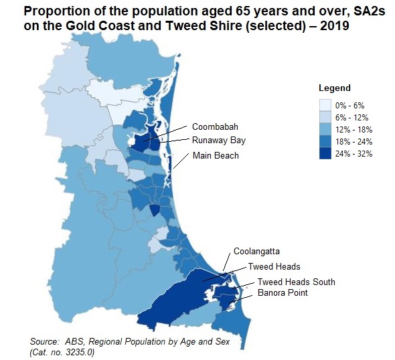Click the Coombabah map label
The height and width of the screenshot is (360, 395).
[215, 127]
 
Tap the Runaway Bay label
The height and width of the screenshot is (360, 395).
[219, 141]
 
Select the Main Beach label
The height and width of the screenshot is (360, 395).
[215, 155]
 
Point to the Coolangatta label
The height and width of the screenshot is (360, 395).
[256, 252]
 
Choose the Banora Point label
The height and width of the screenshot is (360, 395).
[283, 294]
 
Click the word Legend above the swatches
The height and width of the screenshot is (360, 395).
[334, 88]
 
